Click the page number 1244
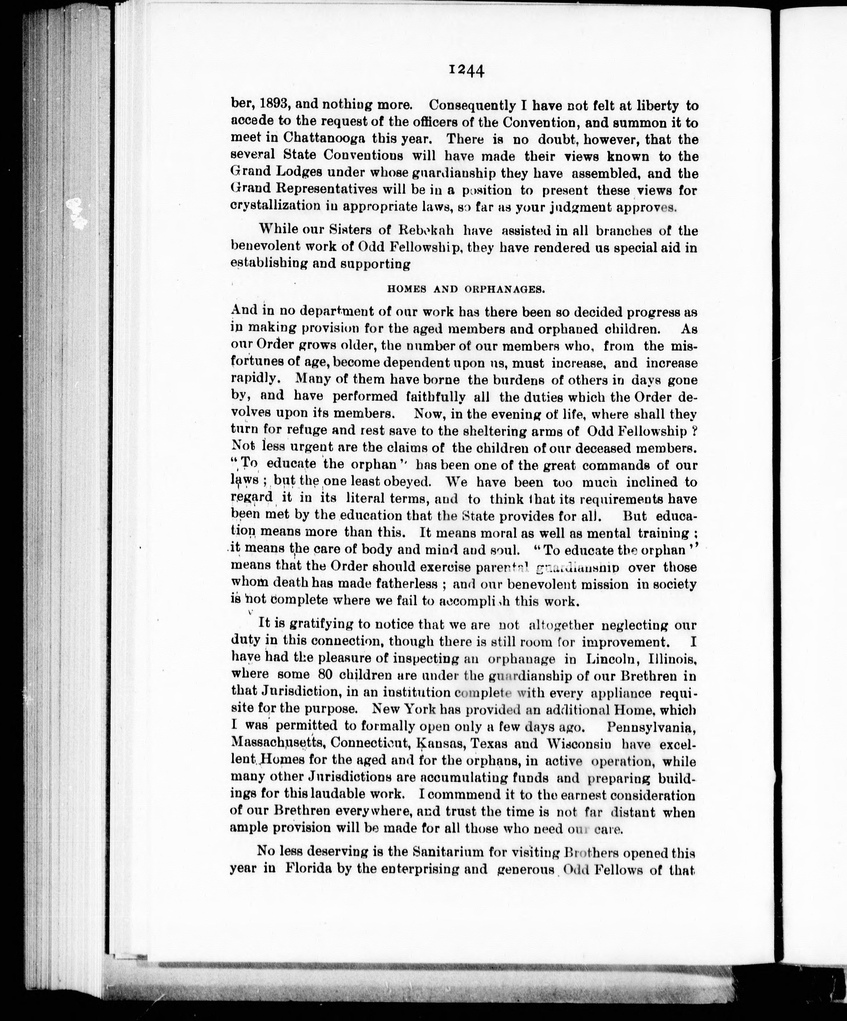point(466,71)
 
